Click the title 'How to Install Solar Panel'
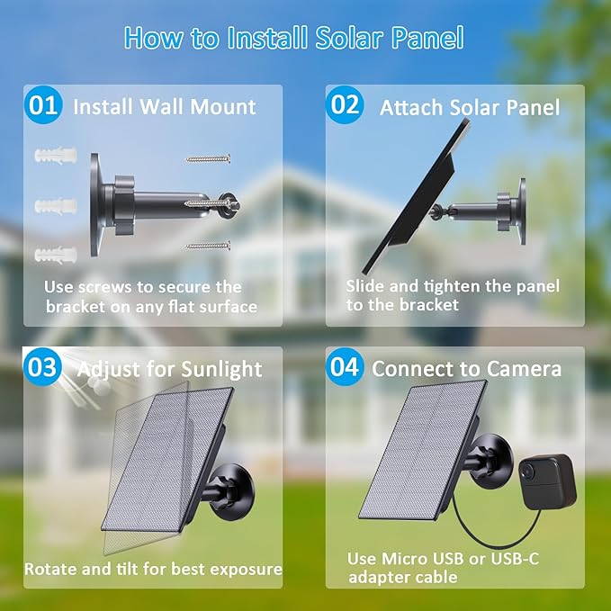(x=293, y=38)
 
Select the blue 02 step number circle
(x=345, y=105)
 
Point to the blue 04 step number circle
(x=345, y=367)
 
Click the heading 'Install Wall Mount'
(x=165, y=107)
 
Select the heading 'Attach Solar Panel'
(x=469, y=108)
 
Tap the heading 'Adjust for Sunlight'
(x=169, y=369)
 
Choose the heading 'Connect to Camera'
(x=466, y=369)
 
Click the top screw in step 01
(x=208, y=158)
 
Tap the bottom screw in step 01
(x=208, y=245)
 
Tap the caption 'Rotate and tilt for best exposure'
(x=153, y=569)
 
